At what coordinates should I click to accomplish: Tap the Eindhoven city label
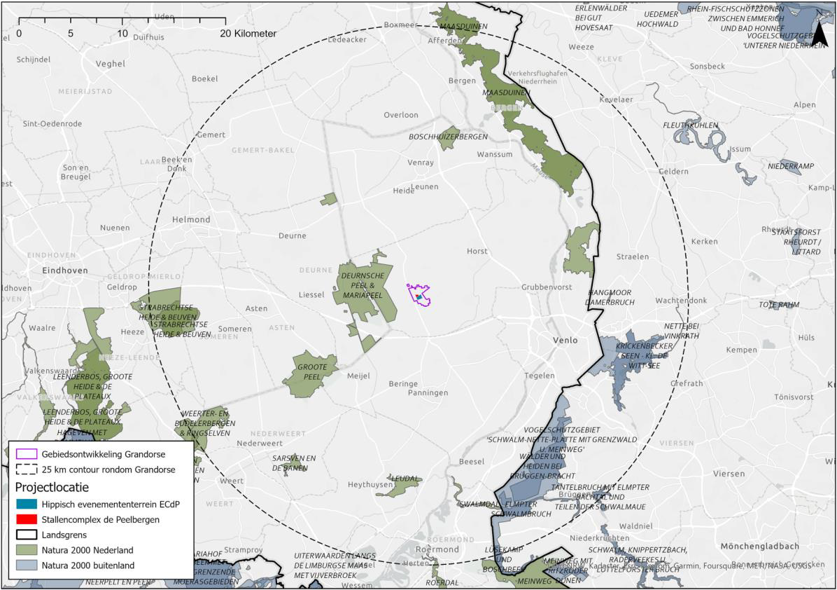click(65, 270)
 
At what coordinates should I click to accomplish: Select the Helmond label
click(191, 219)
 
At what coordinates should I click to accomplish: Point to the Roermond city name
click(435, 549)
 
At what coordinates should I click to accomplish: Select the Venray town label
click(421, 163)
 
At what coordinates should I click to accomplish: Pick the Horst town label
click(477, 250)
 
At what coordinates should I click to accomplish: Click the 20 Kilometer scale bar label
click(248, 34)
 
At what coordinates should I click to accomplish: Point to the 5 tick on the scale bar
click(71, 34)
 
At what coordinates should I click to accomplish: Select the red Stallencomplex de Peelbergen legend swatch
click(27, 519)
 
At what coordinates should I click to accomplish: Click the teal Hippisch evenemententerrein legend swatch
click(27, 504)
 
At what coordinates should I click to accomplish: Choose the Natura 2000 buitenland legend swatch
click(27, 565)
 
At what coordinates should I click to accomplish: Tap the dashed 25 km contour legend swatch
click(27, 469)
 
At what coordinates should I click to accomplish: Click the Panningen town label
click(428, 393)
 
